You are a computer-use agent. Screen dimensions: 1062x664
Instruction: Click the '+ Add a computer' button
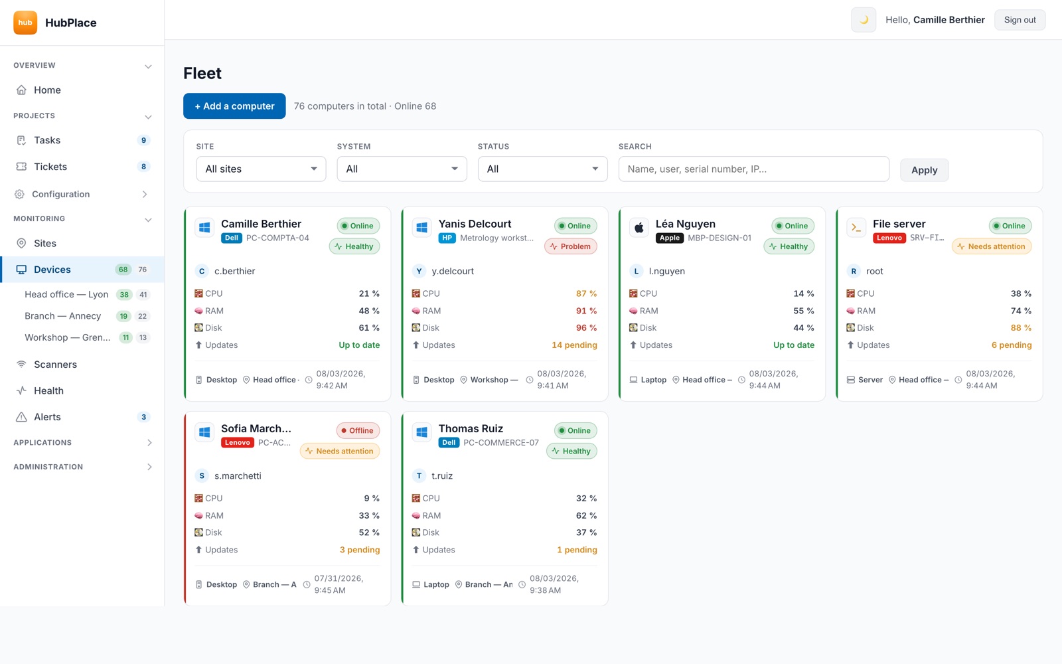coord(234,106)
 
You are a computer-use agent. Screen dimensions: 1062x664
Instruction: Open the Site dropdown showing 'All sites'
coord(261,169)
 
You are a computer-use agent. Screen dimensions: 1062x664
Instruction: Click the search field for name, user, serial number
coord(753,169)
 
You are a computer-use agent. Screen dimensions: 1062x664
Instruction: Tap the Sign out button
coord(1020,20)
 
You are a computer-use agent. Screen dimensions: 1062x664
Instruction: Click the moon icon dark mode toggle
coord(864,20)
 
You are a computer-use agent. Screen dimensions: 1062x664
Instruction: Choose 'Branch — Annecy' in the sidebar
coord(62,316)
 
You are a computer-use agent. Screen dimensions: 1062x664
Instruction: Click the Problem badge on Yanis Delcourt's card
coord(571,246)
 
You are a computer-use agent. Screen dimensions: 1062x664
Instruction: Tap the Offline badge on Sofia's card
coord(358,430)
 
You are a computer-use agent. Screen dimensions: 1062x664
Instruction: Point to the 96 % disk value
coord(587,328)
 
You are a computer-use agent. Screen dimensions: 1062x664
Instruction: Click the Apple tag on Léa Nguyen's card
coord(670,238)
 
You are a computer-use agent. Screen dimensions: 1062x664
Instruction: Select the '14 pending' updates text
coord(574,345)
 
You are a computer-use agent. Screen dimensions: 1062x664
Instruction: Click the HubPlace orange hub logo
coord(25,23)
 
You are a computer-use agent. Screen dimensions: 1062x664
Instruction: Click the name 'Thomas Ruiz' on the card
coord(471,428)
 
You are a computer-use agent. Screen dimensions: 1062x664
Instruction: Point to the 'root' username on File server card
coord(874,271)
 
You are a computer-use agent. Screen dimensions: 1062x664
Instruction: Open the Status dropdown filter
coord(542,169)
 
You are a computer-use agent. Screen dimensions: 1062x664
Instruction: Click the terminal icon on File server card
coord(856,228)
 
